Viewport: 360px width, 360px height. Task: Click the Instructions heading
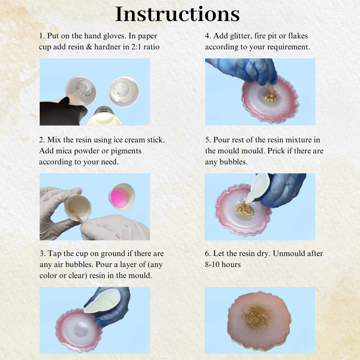click(177, 14)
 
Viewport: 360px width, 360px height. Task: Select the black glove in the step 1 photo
click(62, 112)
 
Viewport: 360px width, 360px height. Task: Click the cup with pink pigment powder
click(122, 197)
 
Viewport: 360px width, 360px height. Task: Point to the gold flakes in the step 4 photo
click(270, 96)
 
